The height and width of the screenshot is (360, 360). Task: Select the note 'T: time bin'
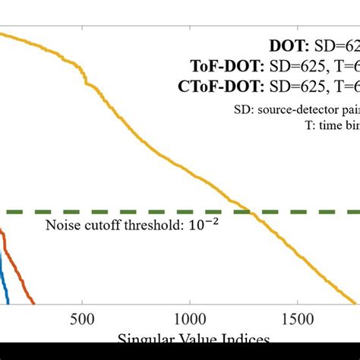click(x=330, y=125)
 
